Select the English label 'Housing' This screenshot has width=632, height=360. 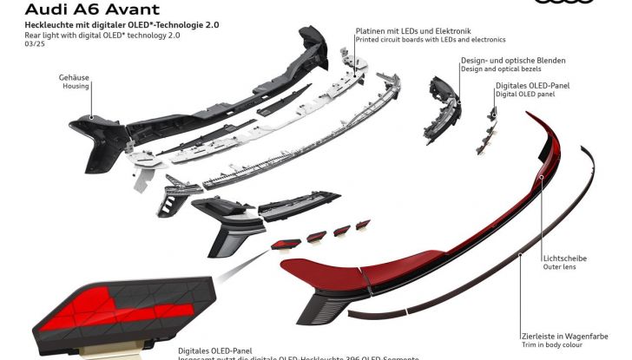coord(76,88)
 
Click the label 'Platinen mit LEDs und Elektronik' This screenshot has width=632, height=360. coord(413,31)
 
